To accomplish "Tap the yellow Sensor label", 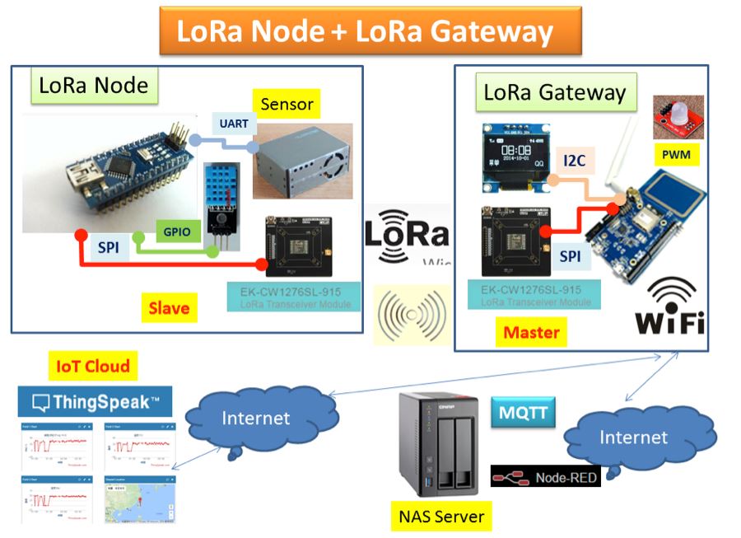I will [287, 105].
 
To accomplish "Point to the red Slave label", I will [169, 308].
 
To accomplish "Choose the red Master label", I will [532, 332].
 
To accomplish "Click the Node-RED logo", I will [545, 476].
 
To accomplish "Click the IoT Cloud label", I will [93, 366].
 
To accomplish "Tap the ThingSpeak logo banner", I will [95, 403].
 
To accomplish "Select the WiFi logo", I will [669, 306].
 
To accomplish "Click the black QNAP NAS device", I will [438, 446].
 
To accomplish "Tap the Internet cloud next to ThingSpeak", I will [256, 419].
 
